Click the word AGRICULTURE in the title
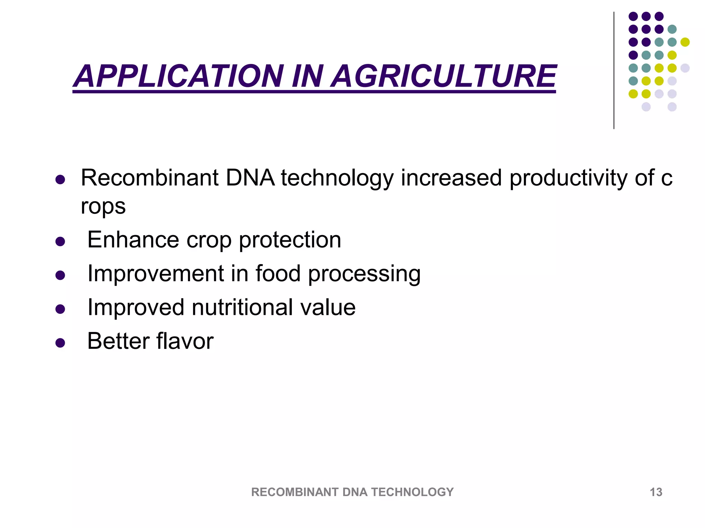click(x=444, y=76)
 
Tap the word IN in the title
click(x=307, y=76)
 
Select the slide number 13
click(x=656, y=492)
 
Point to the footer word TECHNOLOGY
click(x=412, y=492)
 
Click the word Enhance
click(x=133, y=240)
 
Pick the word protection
click(x=290, y=240)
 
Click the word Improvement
click(x=156, y=274)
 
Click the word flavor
click(x=185, y=341)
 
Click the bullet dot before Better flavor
click(x=60, y=343)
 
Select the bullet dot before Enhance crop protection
click(x=60, y=241)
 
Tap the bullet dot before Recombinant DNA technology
click(x=60, y=179)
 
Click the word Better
click(x=118, y=341)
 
